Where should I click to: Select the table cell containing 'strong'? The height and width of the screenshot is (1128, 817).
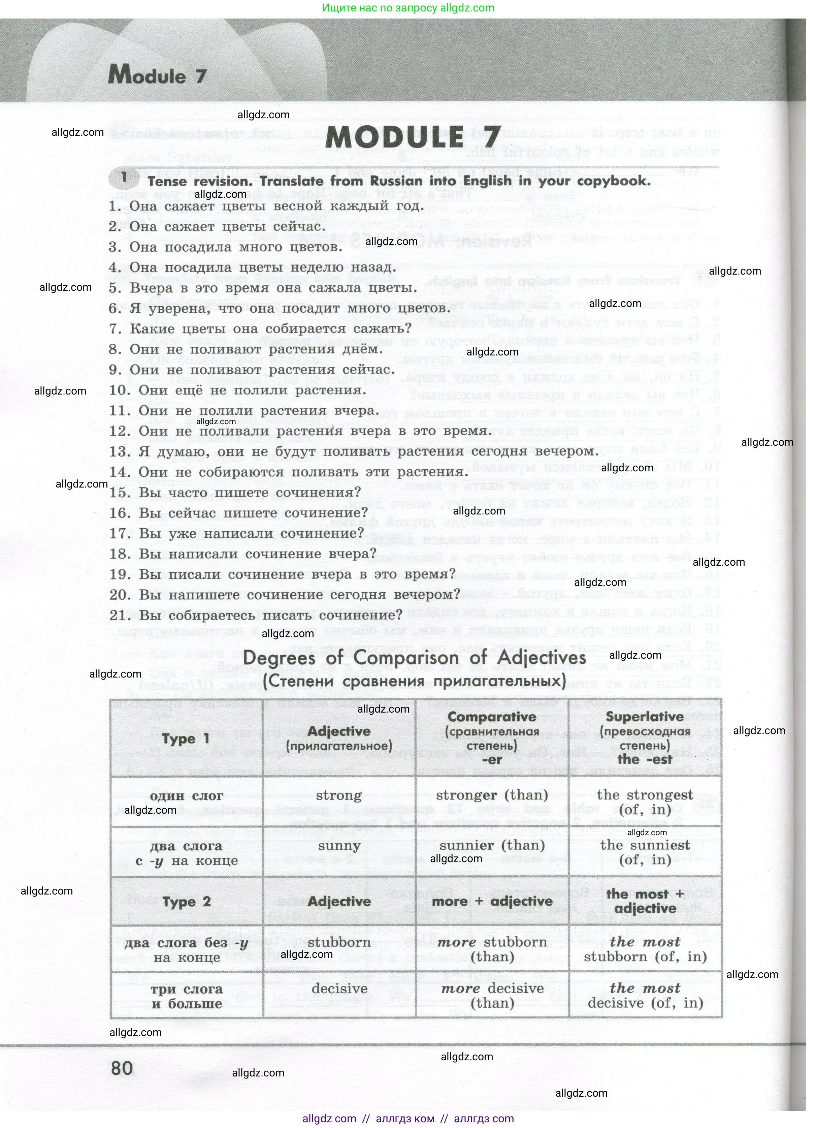pos(339,795)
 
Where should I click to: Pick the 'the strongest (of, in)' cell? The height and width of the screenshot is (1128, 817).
pos(645,802)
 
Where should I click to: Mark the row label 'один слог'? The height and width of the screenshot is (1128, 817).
pos(187,796)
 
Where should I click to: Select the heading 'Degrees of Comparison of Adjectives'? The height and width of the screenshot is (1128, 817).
pos(415,658)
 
